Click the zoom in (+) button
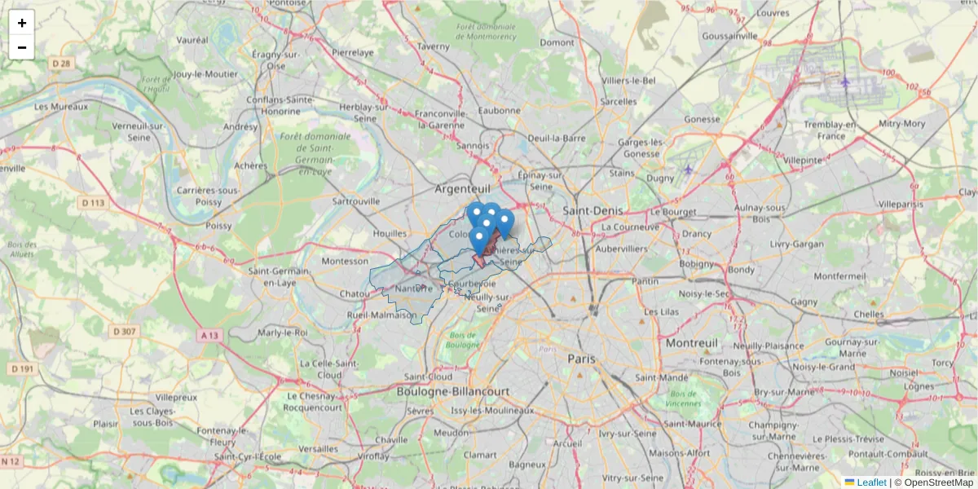point(22,23)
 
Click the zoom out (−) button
point(22,47)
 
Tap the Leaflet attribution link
point(871,482)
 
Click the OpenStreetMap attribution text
point(939,482)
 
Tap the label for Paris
point(582,359)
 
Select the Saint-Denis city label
point(593,210)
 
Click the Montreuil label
point(691,343)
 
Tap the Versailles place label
point(319,449)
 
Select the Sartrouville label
point(357,200)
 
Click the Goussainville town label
point(729,36)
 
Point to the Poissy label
point(219,226)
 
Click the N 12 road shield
point(10,462)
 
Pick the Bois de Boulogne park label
point(462,340)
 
